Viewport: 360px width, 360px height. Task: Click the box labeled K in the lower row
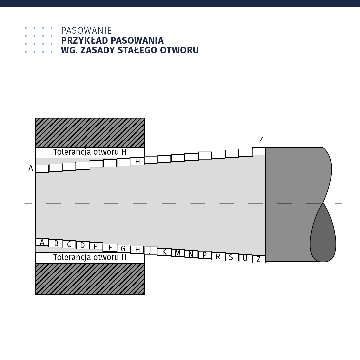coord(164,252)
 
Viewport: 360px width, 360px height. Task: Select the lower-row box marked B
coord(56,243)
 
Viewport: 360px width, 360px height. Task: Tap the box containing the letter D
coord(83,245)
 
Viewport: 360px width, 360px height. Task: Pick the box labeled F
coord(110,248)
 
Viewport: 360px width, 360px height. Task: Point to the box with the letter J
coord(151,250)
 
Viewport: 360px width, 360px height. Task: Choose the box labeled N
coord(191,254)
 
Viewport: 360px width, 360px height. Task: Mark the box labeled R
coord(218,256)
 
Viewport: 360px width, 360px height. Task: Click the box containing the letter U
coord(245,258)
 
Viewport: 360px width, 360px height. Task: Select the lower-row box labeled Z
coord(259,259)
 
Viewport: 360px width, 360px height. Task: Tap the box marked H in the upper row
coord(137,161)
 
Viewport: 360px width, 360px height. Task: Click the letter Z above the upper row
coord(261,140)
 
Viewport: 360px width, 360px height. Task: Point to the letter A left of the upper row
coord(31,168)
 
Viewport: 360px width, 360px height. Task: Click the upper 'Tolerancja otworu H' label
coord(90,152)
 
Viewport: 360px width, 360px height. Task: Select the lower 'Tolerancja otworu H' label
coord(90,258)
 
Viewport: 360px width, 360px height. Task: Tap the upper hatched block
coord(90,133)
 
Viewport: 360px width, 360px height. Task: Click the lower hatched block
coord(90,279)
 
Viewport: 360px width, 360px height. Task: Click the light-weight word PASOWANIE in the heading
coord(87,31)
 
